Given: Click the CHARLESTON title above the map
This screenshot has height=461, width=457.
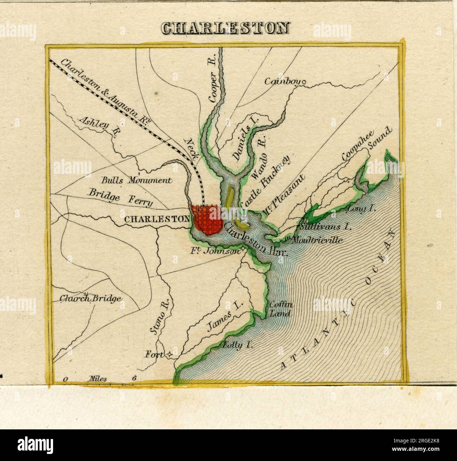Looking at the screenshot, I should [225, 28].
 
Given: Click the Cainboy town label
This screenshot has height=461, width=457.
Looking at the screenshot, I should [281, 82].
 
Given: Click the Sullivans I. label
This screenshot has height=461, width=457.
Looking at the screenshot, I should [324, 227].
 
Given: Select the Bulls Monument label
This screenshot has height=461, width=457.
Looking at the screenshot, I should [136, 180].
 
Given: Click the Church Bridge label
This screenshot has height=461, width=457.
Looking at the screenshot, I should [90, 299].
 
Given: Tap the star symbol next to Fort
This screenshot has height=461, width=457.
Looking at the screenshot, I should [169, 355].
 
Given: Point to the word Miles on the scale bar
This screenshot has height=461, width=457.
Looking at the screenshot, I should [98, 378].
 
